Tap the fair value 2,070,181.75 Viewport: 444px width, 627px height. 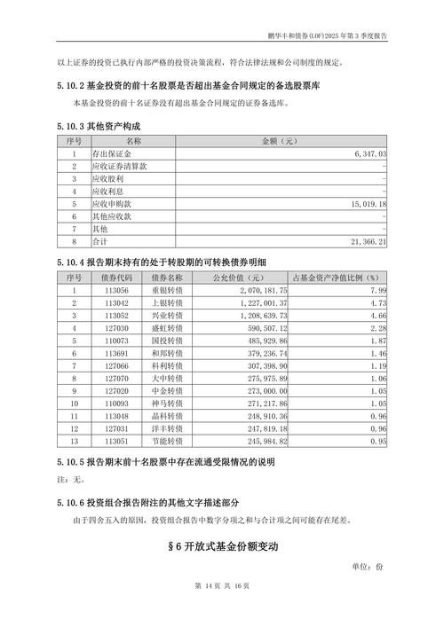(x=264, y=290)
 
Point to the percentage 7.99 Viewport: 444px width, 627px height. (x=378, y=290)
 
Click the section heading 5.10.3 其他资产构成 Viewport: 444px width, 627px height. (x=99, y=127)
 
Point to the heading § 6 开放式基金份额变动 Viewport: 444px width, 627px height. (x=222, y=546)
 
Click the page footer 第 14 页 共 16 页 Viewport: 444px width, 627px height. (x=221, y=610)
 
